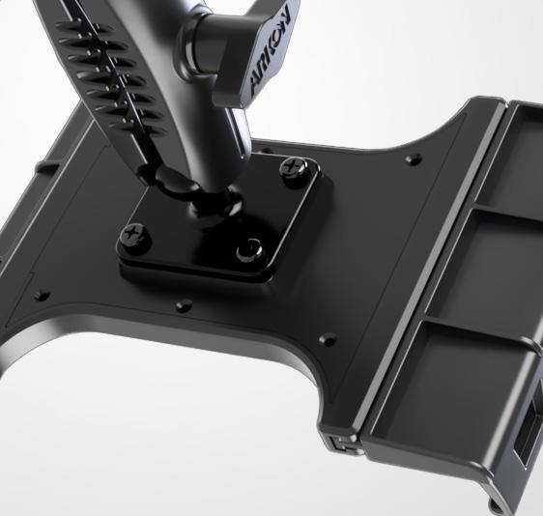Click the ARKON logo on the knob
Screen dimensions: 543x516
point(271,51)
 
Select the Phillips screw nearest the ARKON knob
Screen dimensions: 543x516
point(293,167)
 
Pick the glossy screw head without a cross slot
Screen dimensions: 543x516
point(248,249)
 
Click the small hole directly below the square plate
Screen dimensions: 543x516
point(184,305)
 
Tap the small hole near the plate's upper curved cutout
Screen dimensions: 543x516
point(414,159)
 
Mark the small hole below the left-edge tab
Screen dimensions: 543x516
point(43,296)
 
